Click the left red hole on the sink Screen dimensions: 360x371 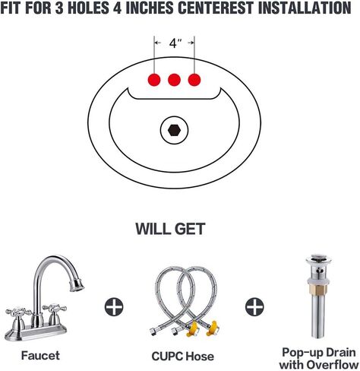(x=154, y=80)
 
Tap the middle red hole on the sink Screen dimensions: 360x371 (x=174, y=80)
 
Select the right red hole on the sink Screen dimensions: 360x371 (x=194, y=80)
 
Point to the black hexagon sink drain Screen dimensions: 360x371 (x=174, y=130)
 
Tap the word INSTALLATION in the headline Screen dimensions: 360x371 (x=304, y=8)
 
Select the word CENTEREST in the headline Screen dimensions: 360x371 (x=216, y=8)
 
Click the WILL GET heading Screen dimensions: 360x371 (x=170, y=229)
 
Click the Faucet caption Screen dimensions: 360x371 (x=40, y=355)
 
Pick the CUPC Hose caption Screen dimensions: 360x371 (x=182, y=356)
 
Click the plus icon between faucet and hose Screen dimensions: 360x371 (x=114, y=307)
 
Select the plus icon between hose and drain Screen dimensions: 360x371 (x=254, y=307)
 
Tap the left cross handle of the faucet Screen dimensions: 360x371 (x=18, y=312)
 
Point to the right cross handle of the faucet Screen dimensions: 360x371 (x=55, y=308)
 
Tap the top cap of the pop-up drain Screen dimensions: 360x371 (x=318, y=259)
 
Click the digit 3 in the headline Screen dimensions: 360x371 (x=59, y=8)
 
